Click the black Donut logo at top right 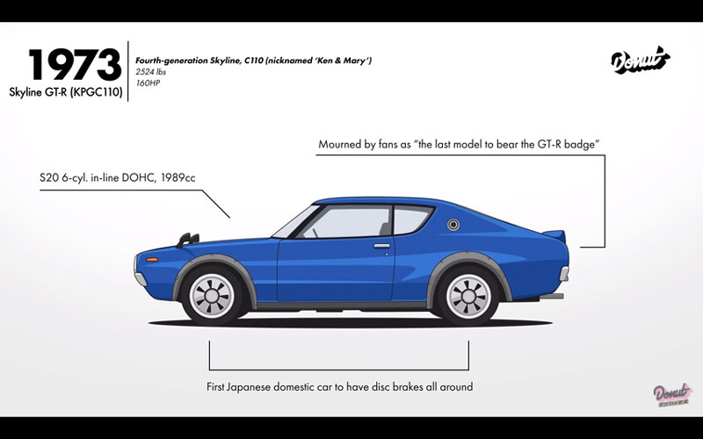[x=640, y=61]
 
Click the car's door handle [x=381, y=247]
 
